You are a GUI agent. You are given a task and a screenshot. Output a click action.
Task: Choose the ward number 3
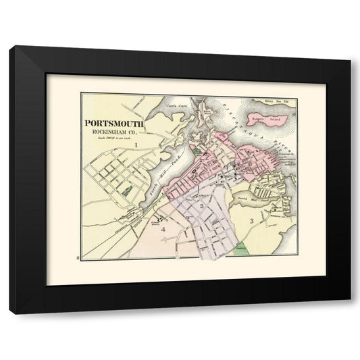(251, 221)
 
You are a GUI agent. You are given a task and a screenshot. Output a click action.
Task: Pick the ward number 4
(163, 229)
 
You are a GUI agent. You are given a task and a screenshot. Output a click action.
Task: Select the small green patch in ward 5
(214, 220)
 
